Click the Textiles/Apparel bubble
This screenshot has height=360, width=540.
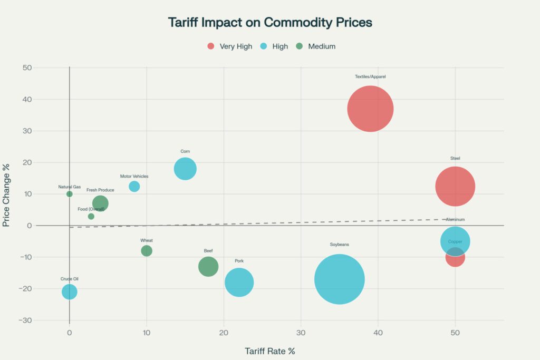click(370, 109)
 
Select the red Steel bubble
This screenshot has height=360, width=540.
click(455, 187)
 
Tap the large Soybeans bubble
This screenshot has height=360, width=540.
click(340, 279)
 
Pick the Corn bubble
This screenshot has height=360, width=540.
click(185, 169)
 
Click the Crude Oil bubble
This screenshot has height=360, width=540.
click(70, 291)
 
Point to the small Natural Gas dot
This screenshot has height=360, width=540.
click(70, 194)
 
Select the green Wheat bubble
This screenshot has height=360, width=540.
click(147, 251)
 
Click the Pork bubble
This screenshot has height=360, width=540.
click(239, 283)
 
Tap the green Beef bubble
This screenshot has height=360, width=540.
click(208, 266)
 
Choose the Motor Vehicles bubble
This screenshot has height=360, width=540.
click(134, 187)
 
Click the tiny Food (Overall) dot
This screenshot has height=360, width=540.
click(91, 216)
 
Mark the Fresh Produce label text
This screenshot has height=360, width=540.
click(100, 190)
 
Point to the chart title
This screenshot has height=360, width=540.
click(270, 23)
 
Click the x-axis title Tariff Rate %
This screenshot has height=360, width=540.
click(269, 351)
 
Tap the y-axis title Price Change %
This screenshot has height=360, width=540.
click(6, 195)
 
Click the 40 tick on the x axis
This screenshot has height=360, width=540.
click(378, 333)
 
